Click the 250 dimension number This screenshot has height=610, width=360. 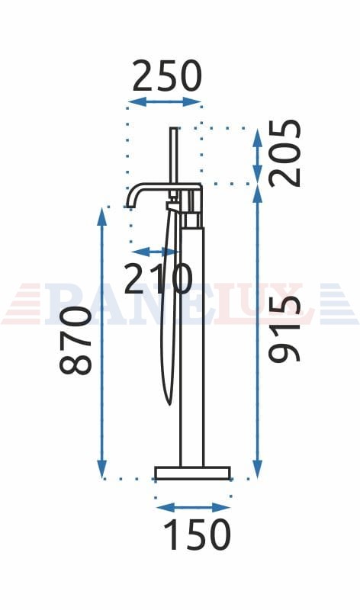pos(167,75)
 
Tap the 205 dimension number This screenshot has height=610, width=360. pos(285,153)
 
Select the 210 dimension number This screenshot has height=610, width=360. pos(158,278)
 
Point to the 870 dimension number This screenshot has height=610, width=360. pos(76,340)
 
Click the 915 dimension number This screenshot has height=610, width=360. pos(285,329)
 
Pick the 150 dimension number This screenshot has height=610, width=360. pos(198,535)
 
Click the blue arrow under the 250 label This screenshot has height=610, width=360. pos(165,102)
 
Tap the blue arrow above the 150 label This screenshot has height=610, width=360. pos(193,507)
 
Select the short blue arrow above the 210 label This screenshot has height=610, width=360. pos(155,252)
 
